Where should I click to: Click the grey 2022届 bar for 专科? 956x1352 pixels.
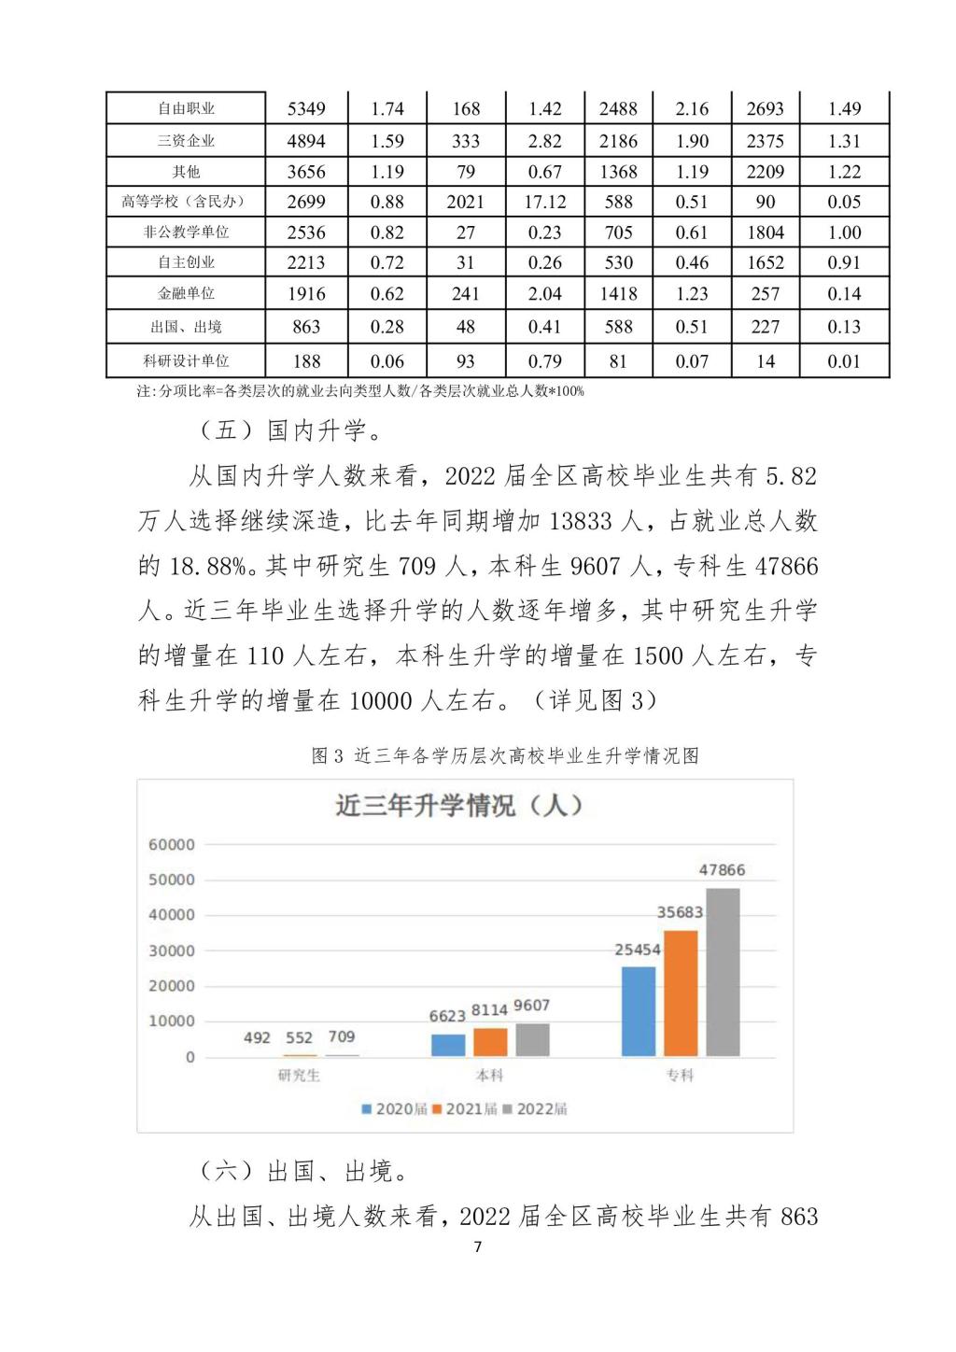[723, 972]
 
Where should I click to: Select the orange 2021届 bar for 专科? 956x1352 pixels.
[681, 993]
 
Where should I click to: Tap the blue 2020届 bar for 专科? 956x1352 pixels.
[639, 1011]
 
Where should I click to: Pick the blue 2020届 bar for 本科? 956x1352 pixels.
[448, 1045]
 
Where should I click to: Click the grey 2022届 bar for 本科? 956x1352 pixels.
[532, 1040]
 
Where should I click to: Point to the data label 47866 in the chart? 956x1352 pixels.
[722, 870]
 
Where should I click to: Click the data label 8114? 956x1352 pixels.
[489, 1010]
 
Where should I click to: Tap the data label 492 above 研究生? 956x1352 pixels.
[257, 1037]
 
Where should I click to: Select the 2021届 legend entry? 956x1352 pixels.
[465, 1109]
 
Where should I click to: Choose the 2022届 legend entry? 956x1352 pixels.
[536, 1109]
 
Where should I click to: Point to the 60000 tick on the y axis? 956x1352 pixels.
[172, 845]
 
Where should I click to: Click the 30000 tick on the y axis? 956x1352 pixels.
[172, 951]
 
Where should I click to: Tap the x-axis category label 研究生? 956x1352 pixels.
[299, 1076]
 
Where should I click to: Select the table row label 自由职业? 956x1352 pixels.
[186, 109]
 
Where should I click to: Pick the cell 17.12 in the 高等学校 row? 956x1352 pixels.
[544, 202]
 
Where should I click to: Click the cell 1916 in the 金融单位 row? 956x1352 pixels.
[306, 293]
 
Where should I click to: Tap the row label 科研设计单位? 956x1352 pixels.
[186, 360]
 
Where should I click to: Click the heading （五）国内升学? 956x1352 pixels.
[291, 430]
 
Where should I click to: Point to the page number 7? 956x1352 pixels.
[478, 1246]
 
